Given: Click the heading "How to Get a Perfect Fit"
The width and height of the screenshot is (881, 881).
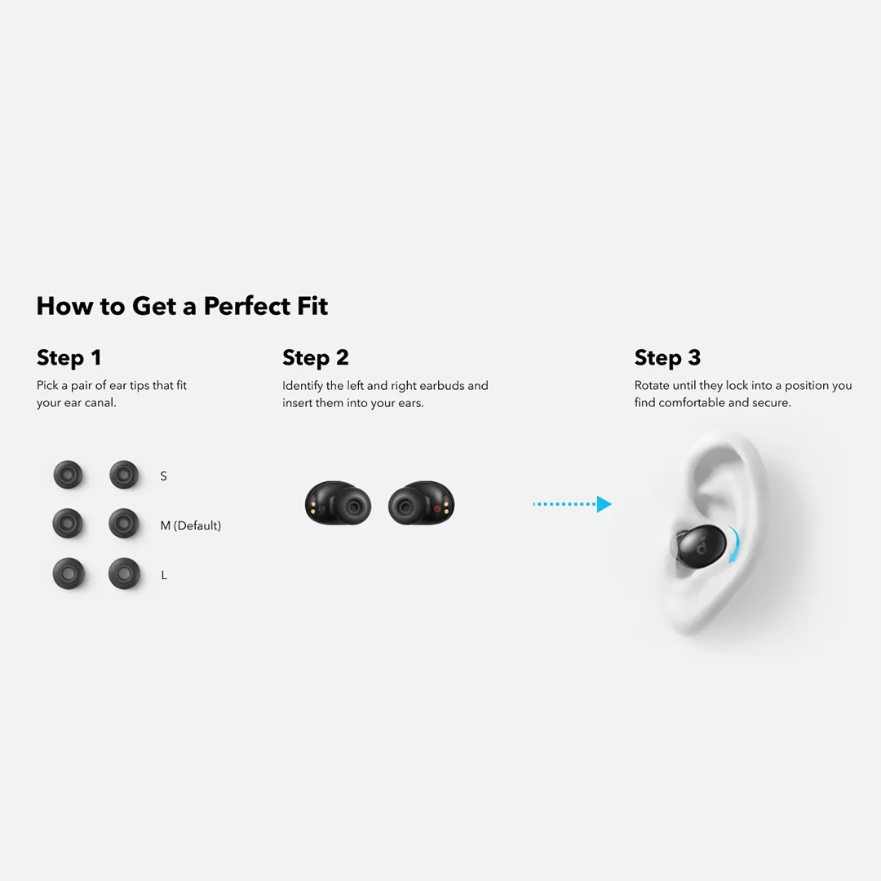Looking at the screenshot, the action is pos(182,306).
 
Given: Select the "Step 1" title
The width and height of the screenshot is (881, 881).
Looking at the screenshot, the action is pos(69,358).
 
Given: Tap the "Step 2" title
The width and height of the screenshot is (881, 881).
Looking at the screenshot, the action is pos(315,358).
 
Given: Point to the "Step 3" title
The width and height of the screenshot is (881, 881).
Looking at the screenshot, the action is pos(667,358).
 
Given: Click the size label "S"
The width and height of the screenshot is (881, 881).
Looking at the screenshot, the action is pos(163,476).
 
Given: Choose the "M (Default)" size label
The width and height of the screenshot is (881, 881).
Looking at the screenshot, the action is pos(190,526).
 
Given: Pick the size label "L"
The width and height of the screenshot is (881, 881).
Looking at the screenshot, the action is pos(164,575).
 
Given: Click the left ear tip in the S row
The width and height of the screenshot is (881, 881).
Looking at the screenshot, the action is pos(68,475).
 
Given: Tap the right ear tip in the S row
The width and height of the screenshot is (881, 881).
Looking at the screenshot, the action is pos(124,475).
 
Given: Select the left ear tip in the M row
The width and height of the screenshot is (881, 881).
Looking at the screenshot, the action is pos(68,523).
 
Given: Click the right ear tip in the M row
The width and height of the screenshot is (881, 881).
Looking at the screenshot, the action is pos(124,523).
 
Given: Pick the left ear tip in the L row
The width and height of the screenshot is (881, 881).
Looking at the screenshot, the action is pos(68,573).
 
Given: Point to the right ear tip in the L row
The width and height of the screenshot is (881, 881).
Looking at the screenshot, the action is pos(124,573).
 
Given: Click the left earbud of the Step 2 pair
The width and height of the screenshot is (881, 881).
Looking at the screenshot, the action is pos(338,503).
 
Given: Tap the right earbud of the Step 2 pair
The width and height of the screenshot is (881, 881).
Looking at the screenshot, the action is pos(422,503).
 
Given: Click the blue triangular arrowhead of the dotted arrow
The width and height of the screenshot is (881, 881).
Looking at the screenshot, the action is pos(604,504).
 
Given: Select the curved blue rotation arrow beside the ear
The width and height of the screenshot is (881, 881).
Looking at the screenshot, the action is pos(735,544).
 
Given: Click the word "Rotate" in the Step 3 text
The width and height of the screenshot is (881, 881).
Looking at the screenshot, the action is pos(652,385).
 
